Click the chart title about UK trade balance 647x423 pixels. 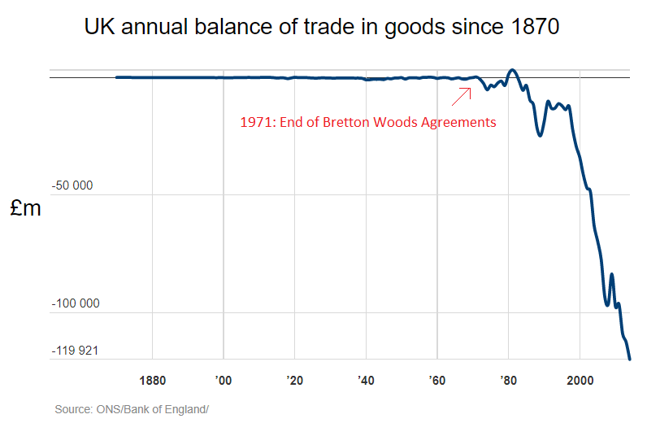pyautogui.click(x=322, y=27)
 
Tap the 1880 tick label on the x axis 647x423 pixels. pyautogui.click(x=153, y=380)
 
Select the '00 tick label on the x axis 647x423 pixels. pyautogui.click(x=224, y=380)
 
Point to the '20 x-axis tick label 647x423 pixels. pyautogui.click(x=294, y=380)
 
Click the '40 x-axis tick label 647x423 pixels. pyautogui.click(x=366, y=380)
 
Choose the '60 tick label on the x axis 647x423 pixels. pyautogui.click(x=437, y=380)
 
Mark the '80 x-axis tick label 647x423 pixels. pyautogui.click(x=509, y=380)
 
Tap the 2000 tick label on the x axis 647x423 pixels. pyautogui.click(x=580, y=380)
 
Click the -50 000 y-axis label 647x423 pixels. pyautogui.click(x=72, y=185)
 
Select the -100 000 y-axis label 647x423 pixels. pyautogui.click(x=75, y=303)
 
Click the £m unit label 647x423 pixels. pyautogui.click(x=25, y=208)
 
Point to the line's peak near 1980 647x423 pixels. pyautogui.click(x=511, y=70)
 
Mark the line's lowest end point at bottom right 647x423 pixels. pyautogui.click(x=630, y=359)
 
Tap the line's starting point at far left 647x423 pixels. pyautogui.click(x=117, y=77)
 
